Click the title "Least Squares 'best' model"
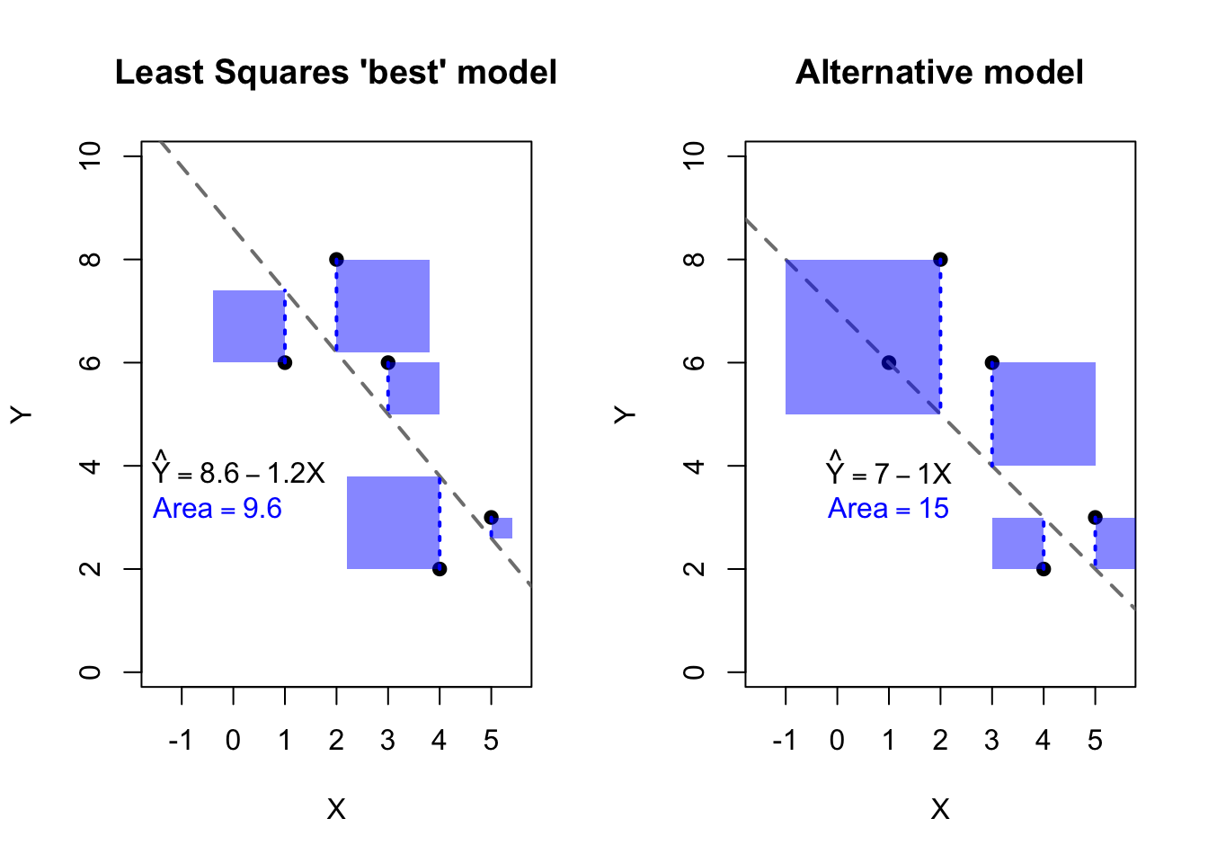335,73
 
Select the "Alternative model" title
939,73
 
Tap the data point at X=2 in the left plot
336,260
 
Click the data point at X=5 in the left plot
491,518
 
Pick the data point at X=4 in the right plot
1044,569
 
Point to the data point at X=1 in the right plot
889,363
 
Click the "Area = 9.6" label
218,509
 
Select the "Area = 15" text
888,509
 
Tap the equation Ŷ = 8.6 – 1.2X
239,472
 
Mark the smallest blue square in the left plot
502,529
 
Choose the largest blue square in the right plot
863,337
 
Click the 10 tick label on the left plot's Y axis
90,156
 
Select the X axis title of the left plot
336,810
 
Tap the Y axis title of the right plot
625,414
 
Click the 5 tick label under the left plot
491,741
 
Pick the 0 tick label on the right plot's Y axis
694,672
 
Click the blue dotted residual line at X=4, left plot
440,522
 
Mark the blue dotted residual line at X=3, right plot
992,414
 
